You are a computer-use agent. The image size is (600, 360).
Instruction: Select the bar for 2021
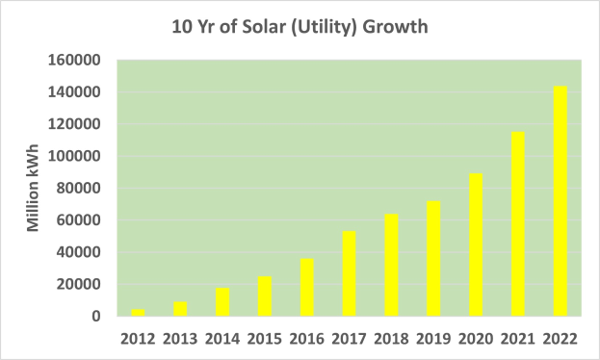(517, 224)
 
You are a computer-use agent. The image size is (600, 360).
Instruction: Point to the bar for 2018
(390, 265)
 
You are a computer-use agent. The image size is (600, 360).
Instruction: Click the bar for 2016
(305, 287)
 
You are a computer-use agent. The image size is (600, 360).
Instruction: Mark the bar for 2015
(263, 296)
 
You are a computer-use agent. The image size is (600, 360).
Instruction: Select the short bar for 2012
(137, 313)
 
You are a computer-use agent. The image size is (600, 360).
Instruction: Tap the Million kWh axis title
(33, 189)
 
